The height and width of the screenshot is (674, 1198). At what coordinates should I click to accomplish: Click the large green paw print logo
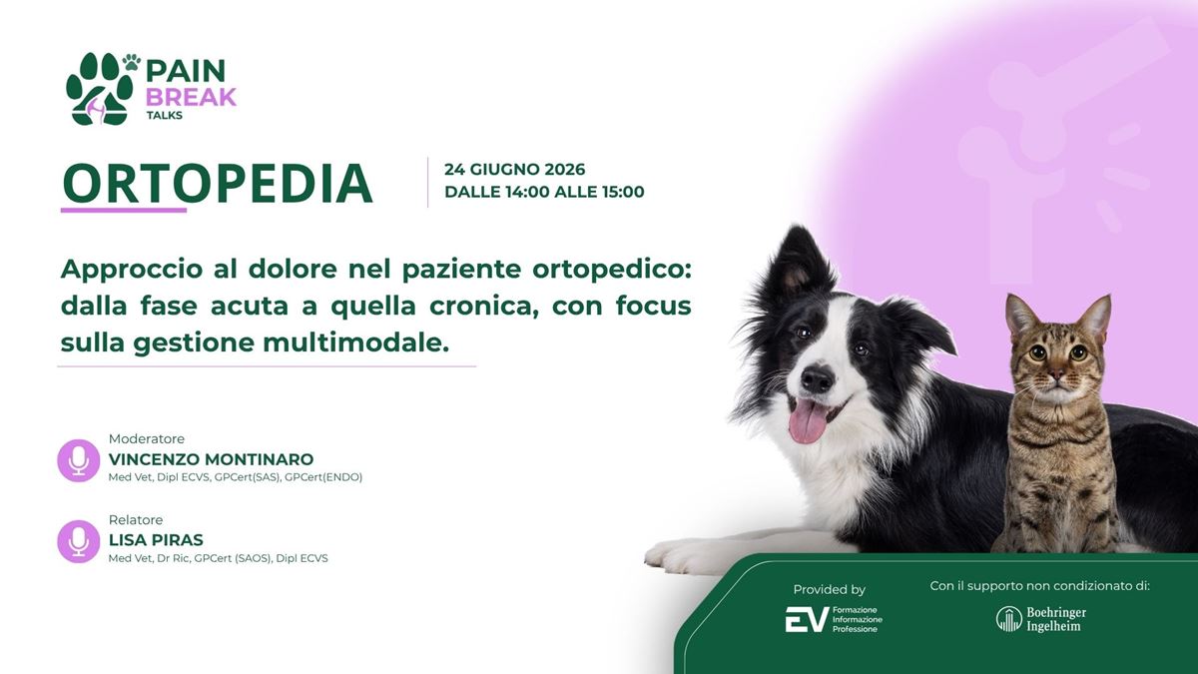point(99,89)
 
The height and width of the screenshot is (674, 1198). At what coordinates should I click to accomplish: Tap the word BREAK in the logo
point(191,97)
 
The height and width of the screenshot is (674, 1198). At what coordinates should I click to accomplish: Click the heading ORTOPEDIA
point(218,183)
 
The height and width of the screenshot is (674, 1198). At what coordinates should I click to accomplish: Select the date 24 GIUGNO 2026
point(514,169)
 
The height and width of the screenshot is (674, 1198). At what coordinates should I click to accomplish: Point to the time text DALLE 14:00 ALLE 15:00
point(544,192)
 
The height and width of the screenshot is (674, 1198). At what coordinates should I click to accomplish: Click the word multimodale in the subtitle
point(355,342)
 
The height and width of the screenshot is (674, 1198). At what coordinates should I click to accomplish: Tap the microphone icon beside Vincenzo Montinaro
point(79,460)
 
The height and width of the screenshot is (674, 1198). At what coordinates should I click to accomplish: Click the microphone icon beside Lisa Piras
point(79,541)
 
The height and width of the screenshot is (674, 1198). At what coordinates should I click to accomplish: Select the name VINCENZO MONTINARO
point(212,459)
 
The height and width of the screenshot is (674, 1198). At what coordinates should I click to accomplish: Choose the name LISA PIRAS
point(156,540)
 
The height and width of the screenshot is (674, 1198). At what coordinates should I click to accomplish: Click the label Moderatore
point(147,438)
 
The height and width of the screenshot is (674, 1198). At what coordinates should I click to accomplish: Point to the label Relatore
point(136,519)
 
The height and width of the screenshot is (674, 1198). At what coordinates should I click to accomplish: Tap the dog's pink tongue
point(808,421)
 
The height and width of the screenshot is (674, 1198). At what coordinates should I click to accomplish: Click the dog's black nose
point(818,380)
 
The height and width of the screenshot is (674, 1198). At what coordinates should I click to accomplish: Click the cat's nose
point(1057,376)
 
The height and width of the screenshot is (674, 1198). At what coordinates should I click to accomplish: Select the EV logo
point(834,619)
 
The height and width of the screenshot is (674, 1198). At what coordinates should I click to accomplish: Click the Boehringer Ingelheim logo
point(1040,619)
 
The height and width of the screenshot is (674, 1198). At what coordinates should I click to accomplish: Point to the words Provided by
point(829,589)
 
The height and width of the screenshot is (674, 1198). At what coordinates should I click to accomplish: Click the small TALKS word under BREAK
point(164,115)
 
